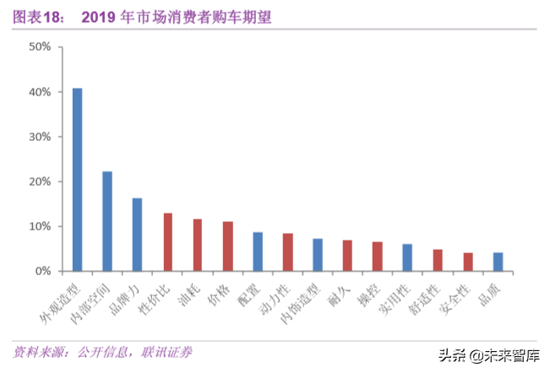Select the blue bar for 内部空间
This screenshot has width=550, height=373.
coord(107,221)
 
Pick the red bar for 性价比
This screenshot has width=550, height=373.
coord(167,242)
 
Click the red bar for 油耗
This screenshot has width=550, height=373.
coord(198,246)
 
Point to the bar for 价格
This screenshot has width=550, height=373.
coord(227,246)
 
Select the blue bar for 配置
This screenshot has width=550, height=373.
coord(258,251)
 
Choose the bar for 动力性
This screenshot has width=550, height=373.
coord(287,252)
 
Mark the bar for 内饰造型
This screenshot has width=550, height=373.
coord(318,255)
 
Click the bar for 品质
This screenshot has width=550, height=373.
coord(498,262)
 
